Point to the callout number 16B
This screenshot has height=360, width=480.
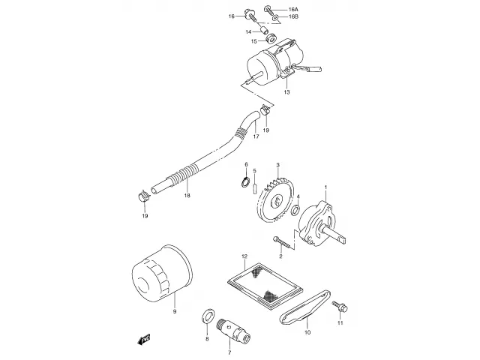[292, 15]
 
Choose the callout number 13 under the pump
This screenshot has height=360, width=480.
[286, 92]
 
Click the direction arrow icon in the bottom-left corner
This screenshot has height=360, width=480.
[141, 339]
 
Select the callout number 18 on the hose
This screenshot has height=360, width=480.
[187, 195]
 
